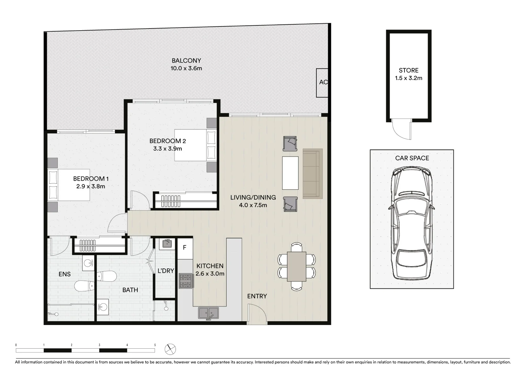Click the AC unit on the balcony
[323, 82]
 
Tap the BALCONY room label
[186, 61]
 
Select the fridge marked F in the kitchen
[185, 248]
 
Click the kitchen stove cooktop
[185, 281]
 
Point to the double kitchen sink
[208, 313]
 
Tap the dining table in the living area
[296, 267]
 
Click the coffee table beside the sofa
[290, 173]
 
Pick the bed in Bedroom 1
[69, 185]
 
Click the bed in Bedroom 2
[195, 145]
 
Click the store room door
[401, 128]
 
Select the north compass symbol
[170, 349]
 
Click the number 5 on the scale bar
[155, 345]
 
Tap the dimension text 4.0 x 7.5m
[253, 205]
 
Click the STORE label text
[409, 70]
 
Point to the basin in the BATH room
[103, 306]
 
